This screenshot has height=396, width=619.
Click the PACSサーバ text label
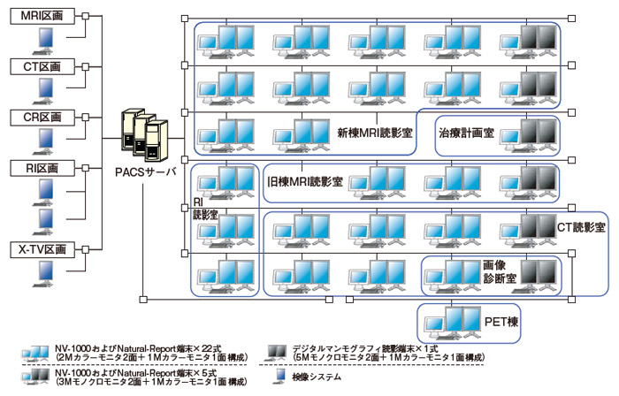click(x=146, y=171)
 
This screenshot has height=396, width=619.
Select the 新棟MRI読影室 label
click(x=375, y=134)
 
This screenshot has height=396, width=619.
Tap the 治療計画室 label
click(x=466, y=134)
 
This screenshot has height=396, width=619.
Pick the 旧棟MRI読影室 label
click(x=305, y=181)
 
